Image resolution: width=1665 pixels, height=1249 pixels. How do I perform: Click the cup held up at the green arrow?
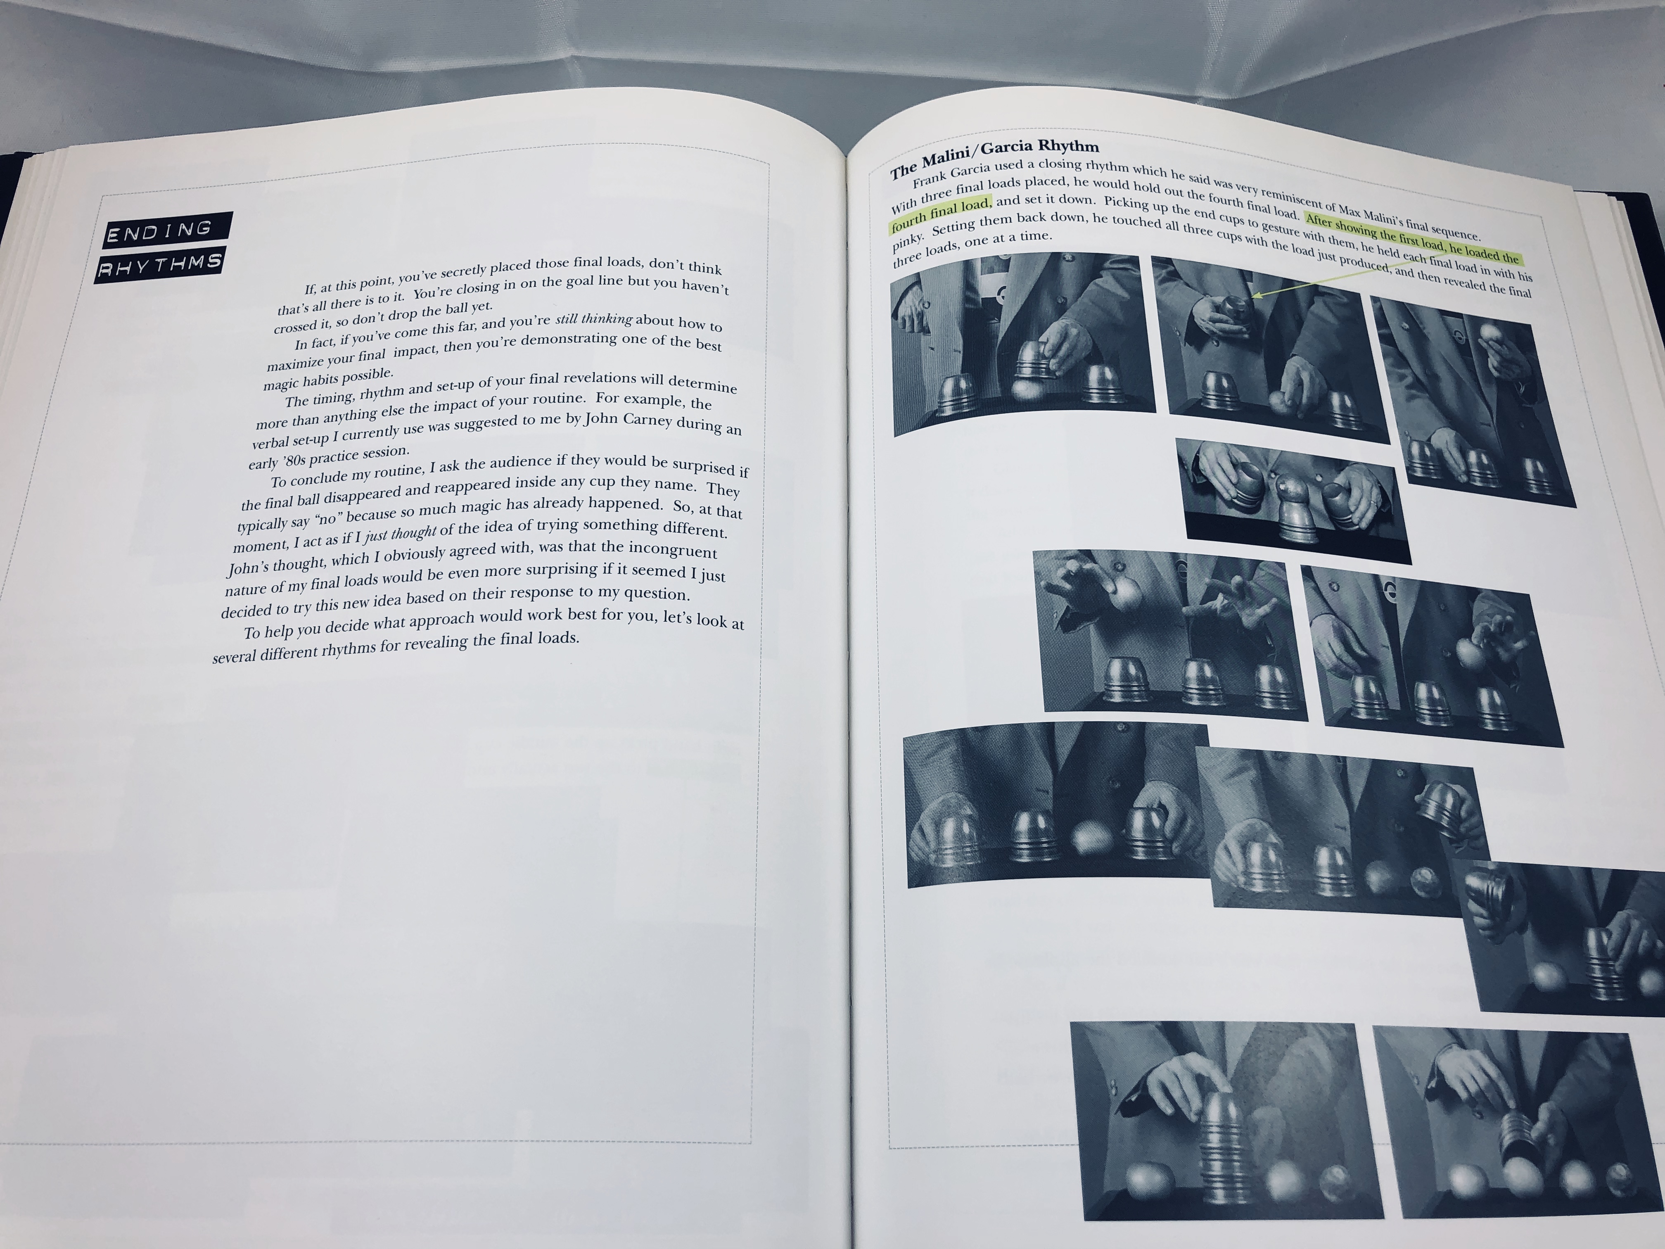1235,307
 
